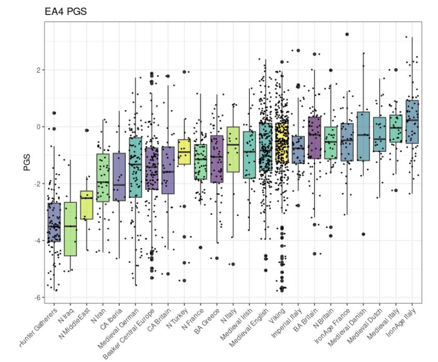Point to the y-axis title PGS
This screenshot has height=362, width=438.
[x=27, y=164]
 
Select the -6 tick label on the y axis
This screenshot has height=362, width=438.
[x=37, y=297]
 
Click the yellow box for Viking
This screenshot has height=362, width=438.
[x=282, y=143]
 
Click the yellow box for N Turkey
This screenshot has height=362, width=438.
[x=184, y=152]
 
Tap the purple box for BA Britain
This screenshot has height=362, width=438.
[x=314, y=137]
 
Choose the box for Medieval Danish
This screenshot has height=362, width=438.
[x=364, y=136]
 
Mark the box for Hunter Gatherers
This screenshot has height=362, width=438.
[x=54, y=222]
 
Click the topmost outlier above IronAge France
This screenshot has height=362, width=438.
[x=347, y=34]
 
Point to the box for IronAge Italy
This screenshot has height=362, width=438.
[x=412, y=122]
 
